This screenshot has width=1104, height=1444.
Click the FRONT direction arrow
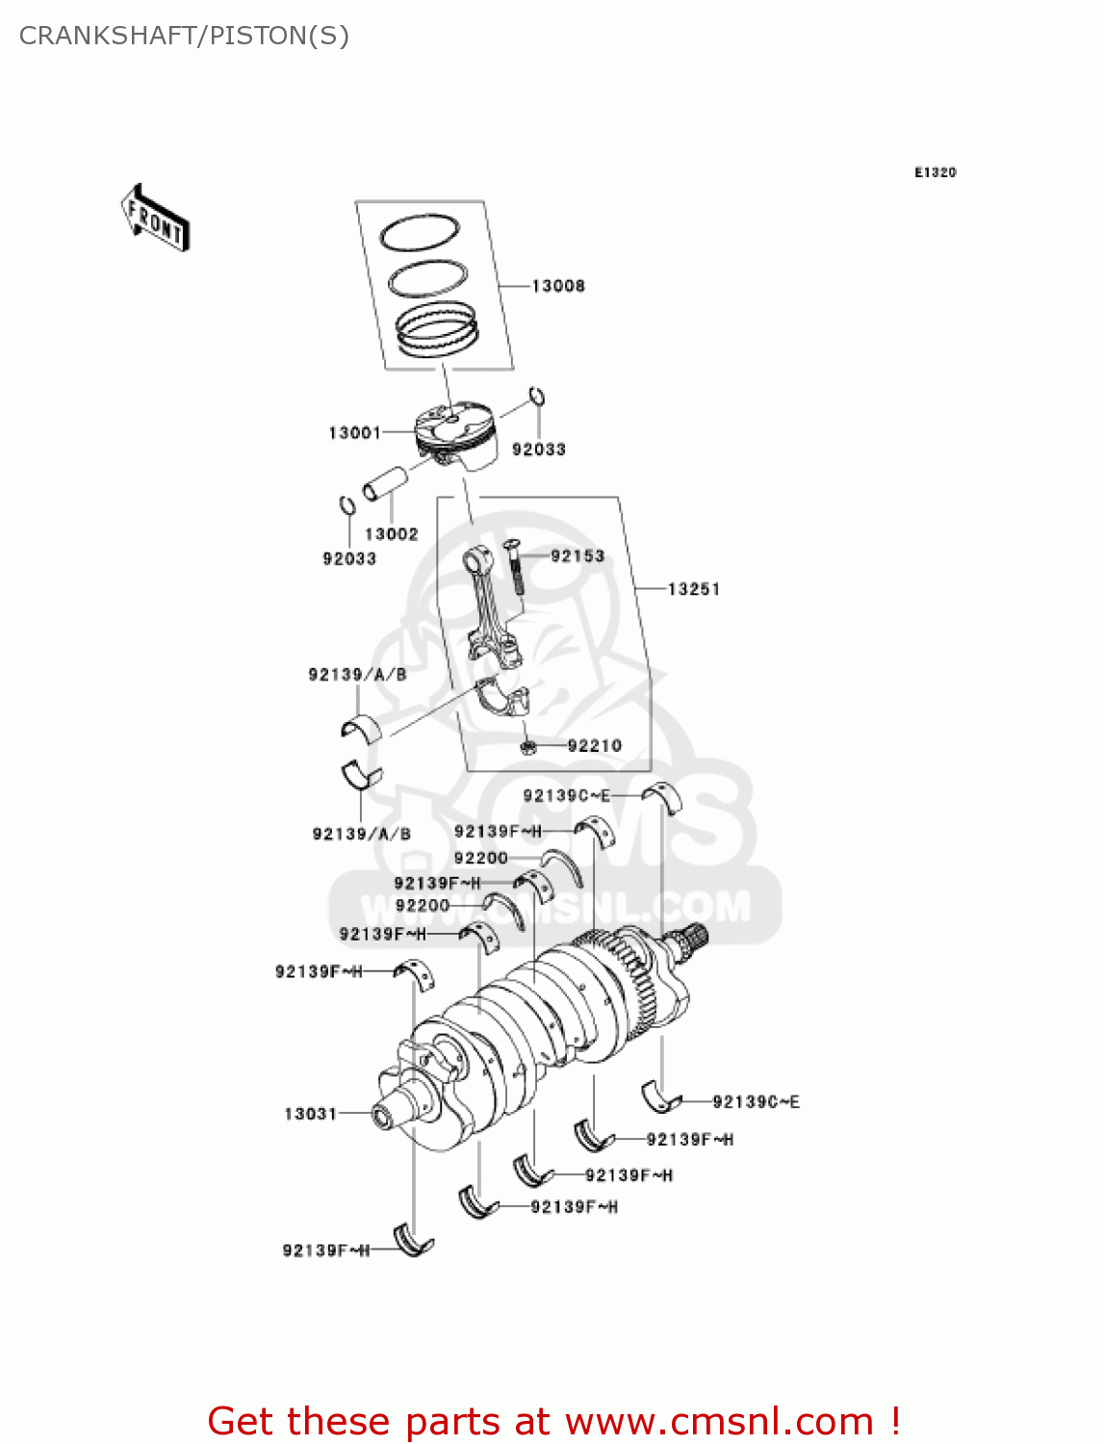154,219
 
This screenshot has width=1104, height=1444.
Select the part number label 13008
558,286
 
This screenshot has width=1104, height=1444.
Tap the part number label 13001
354,433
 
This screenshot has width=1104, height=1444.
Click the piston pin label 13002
391,534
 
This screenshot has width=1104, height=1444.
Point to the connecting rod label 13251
693,589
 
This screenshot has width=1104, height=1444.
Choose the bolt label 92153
578,556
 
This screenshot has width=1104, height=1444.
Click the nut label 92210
594,746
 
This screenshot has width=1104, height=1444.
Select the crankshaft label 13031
310,1114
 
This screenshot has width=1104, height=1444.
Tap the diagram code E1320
935,172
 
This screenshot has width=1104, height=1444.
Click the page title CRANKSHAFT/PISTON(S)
184,36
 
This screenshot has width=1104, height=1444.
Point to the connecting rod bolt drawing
512,567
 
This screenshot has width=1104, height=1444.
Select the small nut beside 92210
526,747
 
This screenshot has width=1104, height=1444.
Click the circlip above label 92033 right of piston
538,397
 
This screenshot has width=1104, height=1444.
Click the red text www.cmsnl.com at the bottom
719,1422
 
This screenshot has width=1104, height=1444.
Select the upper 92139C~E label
566,796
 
